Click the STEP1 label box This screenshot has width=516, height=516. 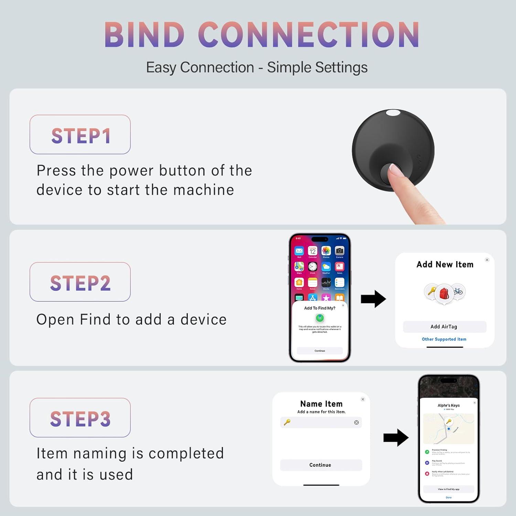point(80,135)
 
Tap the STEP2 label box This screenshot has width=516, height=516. point(80,282)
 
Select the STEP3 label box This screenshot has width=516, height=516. point(80,418)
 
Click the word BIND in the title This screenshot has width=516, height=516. point(144,35)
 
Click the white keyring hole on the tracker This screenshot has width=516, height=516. point(393,113)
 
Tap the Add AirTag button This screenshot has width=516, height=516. point(444,327)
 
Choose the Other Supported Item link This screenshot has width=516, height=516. point(444,339)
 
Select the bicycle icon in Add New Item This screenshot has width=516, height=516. point(458,291)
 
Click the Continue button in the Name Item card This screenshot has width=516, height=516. point(321,465)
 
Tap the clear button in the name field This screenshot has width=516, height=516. point(356,422)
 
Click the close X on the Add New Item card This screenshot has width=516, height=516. point(487,260)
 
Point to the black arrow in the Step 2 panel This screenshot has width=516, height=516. point(373,299)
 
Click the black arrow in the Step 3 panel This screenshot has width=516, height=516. point(396,438)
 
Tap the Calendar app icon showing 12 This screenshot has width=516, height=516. point(312,251)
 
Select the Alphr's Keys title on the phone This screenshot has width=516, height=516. point(449,405)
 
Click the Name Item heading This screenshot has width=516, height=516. point(321,404)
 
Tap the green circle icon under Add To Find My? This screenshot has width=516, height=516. point(320,318)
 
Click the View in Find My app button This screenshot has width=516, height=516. point(449,489)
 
